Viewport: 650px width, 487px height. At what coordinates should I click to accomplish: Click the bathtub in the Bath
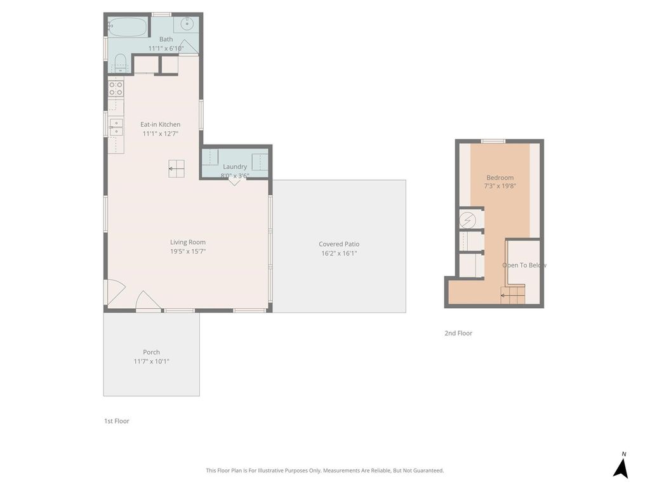click(x=127, y=27)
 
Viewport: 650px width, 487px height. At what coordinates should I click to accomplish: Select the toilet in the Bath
click(x=120, y=63)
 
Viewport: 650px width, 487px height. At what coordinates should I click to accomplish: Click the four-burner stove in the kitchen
click(x=116, y=89)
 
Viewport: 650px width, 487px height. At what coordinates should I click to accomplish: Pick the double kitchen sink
click(x=116, y=127)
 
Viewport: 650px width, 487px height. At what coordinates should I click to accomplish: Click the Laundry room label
click(x=235, y=167)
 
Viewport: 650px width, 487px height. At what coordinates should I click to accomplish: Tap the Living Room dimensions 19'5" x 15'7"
click(x=188, y=251)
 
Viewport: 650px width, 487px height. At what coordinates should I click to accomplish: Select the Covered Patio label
click(x=339, y=244)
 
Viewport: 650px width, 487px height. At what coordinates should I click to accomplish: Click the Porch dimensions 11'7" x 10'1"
click(x=151, y=361)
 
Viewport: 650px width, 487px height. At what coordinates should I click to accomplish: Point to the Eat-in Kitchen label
click(x=160, y=124)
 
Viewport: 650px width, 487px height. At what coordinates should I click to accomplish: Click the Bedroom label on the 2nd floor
click(x=500, y=178)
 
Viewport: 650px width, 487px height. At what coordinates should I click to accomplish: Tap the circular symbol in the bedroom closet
click(x=467, y=220)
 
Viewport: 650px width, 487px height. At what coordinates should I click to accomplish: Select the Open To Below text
click(x=524, y=265)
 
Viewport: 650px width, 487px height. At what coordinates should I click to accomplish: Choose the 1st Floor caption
click(x=117, y=421)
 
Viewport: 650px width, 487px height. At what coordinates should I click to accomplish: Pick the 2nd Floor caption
click(x=458, y=333)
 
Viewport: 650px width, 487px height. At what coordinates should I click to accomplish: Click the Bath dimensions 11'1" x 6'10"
click(x=166, y=48)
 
